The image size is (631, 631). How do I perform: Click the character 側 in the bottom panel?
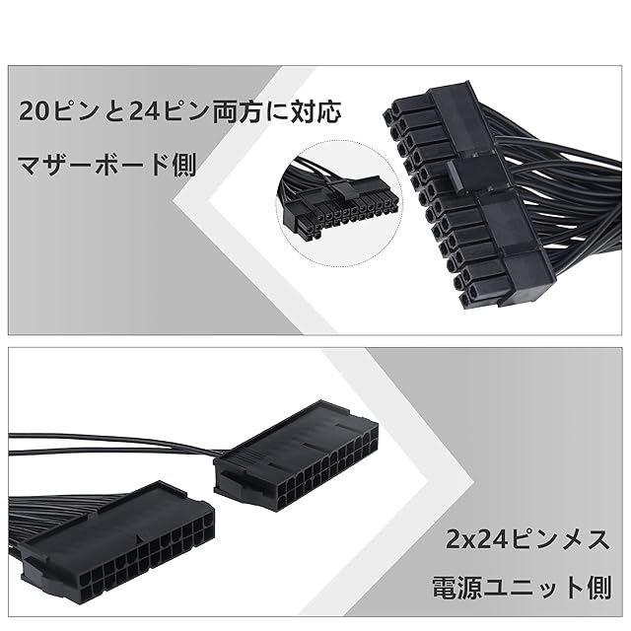pyautogui.click(x=596, y=590)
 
